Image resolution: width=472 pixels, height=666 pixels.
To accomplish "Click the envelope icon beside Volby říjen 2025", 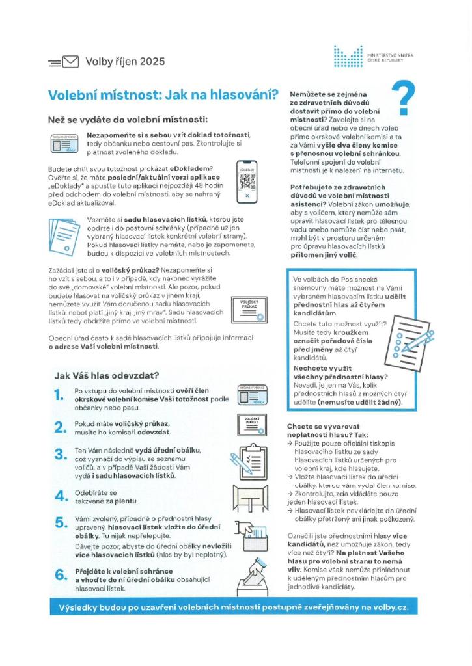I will (69, 62).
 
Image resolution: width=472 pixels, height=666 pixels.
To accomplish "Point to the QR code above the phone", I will (245, 181).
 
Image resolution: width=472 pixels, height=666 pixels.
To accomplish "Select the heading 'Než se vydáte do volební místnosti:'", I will (128, 120).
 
